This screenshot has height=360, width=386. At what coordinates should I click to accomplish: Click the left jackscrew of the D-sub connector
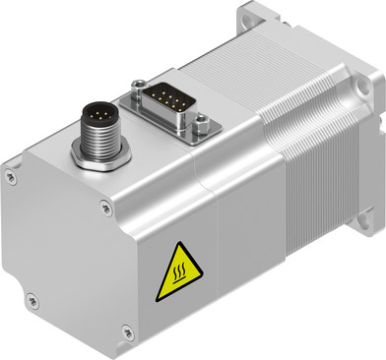[x=139, y=87]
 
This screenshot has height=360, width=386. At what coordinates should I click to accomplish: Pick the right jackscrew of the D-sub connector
[x=200, y=123]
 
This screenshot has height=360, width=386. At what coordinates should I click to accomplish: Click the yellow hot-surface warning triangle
[x=177, y=271]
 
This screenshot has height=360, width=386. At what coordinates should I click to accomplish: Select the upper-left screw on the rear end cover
[x=11, y=177]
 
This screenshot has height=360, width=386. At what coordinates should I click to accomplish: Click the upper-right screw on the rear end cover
[x=106, y=207]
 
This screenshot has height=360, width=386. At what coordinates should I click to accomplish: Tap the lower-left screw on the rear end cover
[x=32, y=300]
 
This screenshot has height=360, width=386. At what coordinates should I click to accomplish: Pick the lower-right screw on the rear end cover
[x=127, y=334]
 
